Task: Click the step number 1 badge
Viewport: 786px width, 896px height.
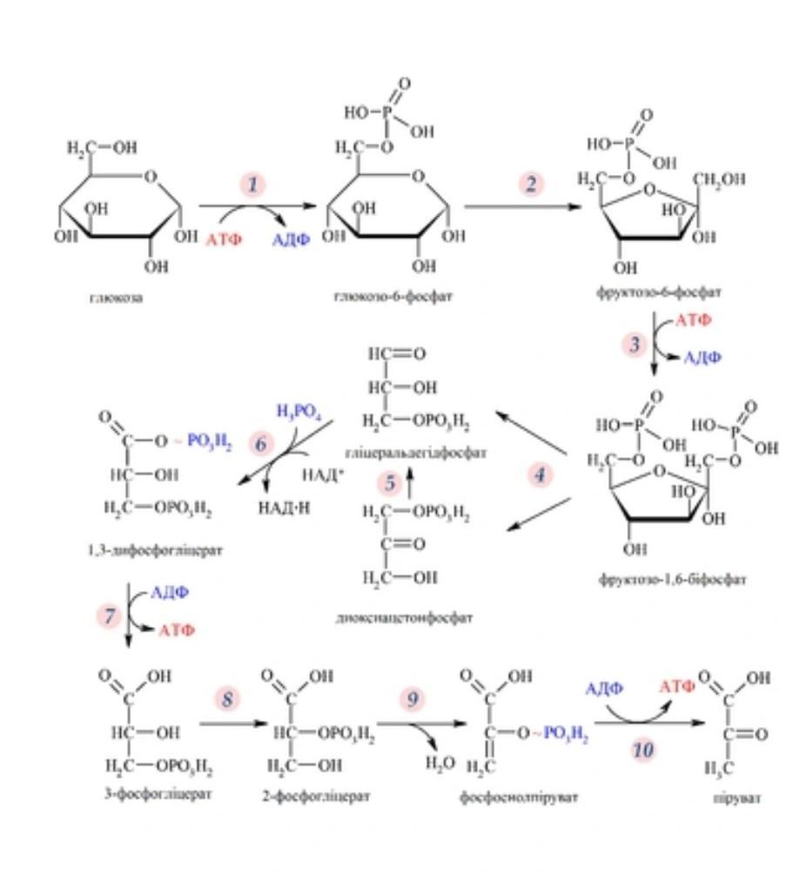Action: [x=253, y=185]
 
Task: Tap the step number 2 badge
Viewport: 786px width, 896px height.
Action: [x=531, y=184]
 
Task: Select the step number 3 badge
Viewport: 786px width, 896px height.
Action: [x=635, y=345]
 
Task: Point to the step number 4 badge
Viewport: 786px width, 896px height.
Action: [x=541, y=475]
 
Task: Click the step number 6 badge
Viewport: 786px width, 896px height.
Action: [x=261, y=443]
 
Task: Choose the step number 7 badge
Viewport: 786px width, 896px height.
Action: [x=110, y=616]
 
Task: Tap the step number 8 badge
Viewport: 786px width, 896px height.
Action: [x=228, y=698]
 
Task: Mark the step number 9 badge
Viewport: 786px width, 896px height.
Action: [x=413, y=698]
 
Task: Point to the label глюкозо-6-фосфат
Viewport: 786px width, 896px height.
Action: [x=393, y=296]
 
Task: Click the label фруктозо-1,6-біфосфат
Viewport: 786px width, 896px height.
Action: [x=670, y=579]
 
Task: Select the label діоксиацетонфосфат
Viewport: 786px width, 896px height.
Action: [x=404, y=617]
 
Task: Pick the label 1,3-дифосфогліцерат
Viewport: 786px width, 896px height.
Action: [x=161, y=550]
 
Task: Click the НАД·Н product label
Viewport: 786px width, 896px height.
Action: [x=280, y=507]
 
